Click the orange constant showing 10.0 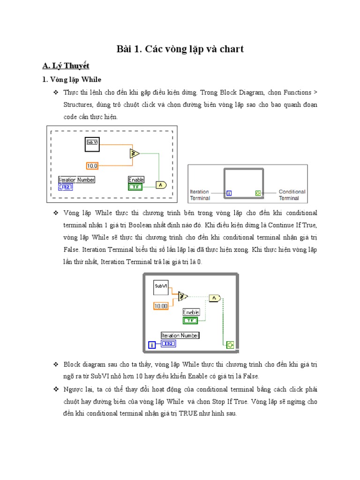pyautogui.click(x=92, y=165)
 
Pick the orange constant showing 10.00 pyautogui.click(x=160, y=306)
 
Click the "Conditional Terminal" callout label pyautogui.click(x=292, y=195)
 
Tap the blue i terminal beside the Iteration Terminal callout pyautogui.click(x=228, y=193)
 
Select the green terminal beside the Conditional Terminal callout pyautogui.click(x=257, y=193)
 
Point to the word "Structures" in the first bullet pyautogui.click(x=78, y=104)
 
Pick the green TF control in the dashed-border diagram pyautogui.click(x=135, y=187)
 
